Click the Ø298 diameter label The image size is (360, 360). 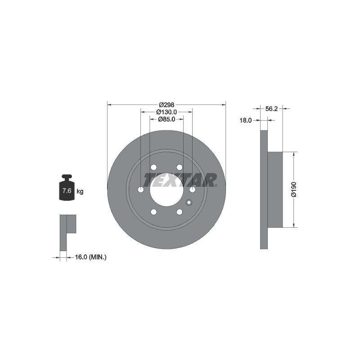(166, 105)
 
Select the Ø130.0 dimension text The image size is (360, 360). (166, 112)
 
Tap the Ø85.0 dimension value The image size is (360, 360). (166, 119)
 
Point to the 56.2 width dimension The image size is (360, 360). (271, 109)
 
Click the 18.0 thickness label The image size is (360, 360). (246, 120)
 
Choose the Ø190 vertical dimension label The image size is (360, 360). (294, 189)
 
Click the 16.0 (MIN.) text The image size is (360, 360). (91, 257)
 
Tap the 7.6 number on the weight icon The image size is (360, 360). (67, 190)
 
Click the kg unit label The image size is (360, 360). (80, 191)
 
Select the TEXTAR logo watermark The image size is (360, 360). (180, 180)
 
